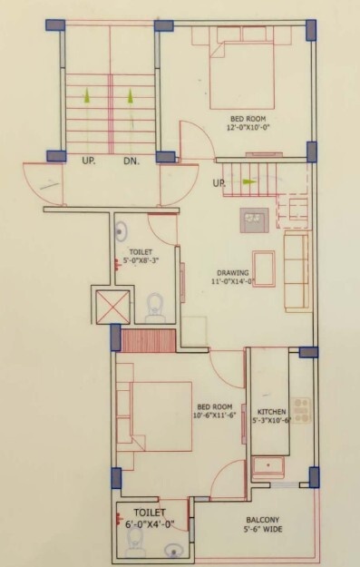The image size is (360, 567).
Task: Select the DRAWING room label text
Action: (232, 277)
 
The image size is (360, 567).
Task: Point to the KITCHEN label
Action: (271, 404)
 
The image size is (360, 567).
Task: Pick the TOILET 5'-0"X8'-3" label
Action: (141, 257)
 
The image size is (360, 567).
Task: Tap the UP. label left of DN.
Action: (90, 162)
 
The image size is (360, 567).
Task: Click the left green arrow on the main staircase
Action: (87, 93)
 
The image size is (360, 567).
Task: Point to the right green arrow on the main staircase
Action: (131, 93)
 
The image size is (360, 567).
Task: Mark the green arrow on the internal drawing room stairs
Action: (248, 181)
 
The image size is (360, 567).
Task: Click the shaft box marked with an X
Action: (113, 307)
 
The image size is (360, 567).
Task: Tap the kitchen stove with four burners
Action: (301, 410)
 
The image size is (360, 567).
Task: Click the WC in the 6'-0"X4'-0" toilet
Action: (135, 542)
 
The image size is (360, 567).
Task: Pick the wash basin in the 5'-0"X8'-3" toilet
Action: (123, 230)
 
